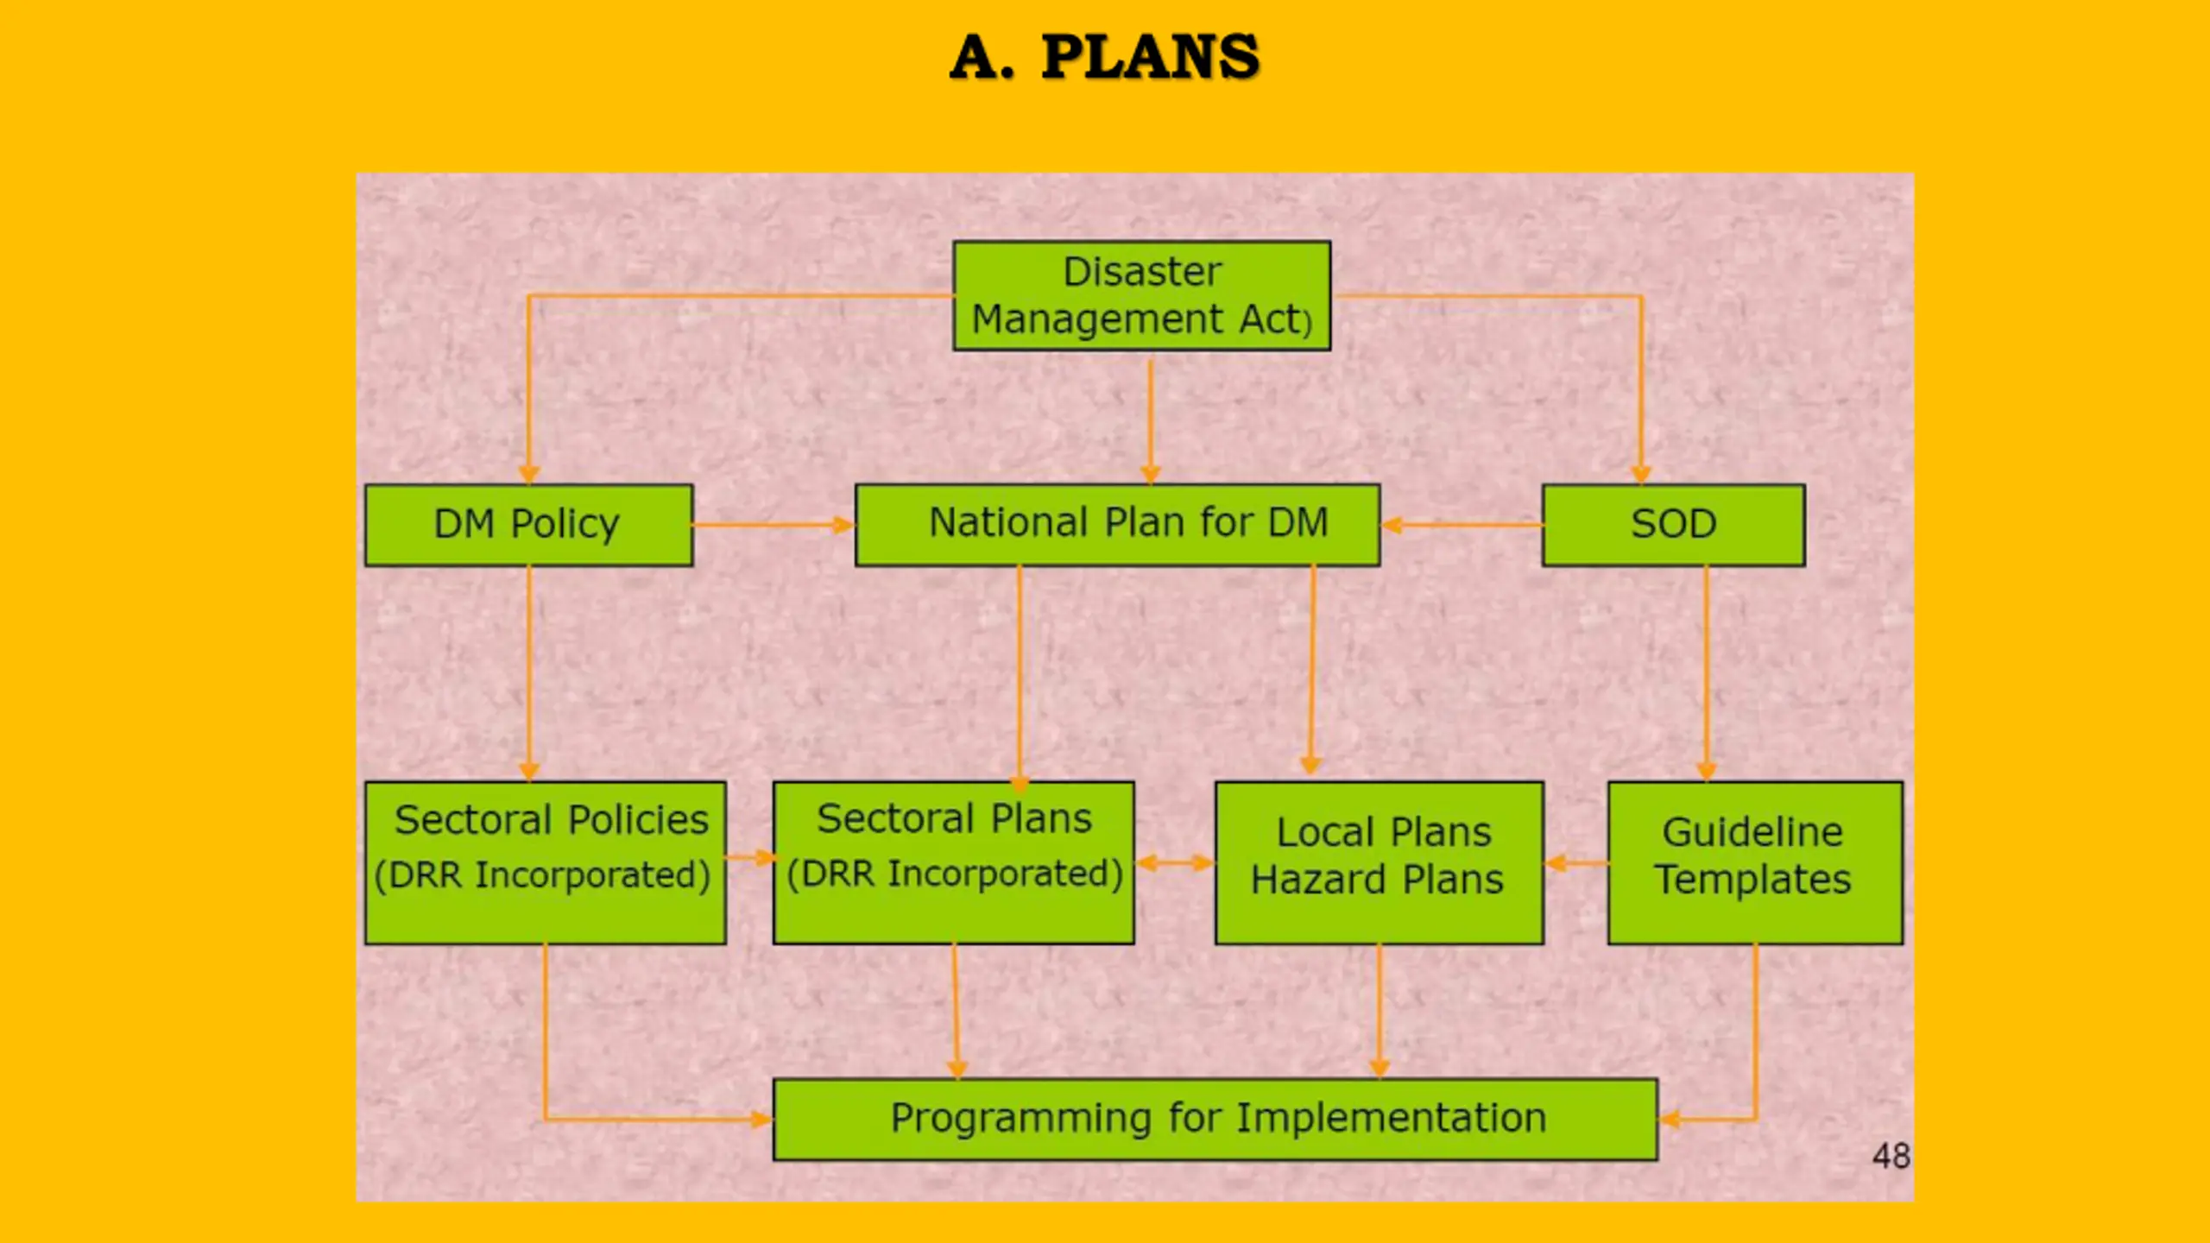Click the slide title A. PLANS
point(1104,57)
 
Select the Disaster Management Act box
point(1141,295)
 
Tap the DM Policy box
point(528,525)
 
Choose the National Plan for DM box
point(1117,525)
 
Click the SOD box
point(1673,525)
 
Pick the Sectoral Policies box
point(545,862)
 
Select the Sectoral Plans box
point(953,862)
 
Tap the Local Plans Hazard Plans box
point(1379,862)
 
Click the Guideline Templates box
point(1754,862)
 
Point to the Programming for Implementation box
point(1215,1119)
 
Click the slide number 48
point(1891,1156)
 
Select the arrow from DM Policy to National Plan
point(773,525)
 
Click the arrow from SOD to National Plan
point(1462,524)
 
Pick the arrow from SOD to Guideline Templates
point(1706,673)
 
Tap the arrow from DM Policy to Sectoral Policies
point(529,673)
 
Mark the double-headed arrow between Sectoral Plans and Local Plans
point(1175,862)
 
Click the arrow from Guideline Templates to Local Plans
point(1576,862)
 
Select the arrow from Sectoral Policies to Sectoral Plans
point(749,857)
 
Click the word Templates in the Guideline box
point(1752,880)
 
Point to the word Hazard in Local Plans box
point(1318,880)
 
